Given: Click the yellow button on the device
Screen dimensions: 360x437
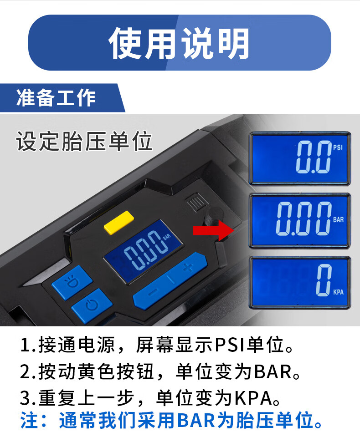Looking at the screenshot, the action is [119, 223].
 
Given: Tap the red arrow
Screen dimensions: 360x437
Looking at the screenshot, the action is [213, 230].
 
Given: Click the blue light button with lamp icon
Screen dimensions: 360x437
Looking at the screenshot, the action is [72, 283].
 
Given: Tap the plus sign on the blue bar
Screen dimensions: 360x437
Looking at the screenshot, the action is [188, 267].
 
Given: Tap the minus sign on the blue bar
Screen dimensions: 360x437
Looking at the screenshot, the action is [154, 292].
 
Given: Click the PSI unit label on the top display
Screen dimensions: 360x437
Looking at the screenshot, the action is [338, 147].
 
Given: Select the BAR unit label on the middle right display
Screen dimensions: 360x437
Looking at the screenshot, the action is [338, 219].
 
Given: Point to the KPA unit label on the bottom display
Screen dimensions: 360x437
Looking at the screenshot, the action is [338, 292].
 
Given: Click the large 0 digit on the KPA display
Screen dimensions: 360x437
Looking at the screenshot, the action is [324, 280].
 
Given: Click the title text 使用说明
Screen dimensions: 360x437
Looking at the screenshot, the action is [179, 43].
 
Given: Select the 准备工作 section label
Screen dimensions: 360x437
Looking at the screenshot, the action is [56, 98].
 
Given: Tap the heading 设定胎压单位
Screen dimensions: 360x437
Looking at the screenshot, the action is [84, 141].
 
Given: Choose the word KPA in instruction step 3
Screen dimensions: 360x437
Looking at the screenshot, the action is [253, 398].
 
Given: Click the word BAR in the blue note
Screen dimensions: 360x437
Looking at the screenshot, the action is [197, 420].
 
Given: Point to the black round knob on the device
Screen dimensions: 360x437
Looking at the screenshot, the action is [213, 216].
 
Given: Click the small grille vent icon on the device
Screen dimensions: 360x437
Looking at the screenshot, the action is [197, 202].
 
